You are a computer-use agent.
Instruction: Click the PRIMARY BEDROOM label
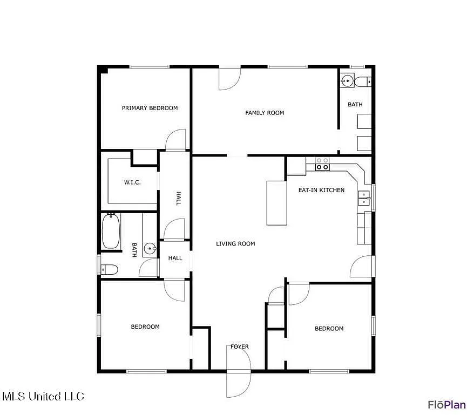(x=150, y=108)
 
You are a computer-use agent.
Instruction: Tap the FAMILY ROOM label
(x=265, y=113)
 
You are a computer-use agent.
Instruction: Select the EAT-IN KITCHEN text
(x=321, y=190)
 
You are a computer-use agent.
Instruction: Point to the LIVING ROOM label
(x=235, y=244)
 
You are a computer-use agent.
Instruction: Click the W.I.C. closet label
(x=132, y=182)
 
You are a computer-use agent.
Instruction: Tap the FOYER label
(x=240, y=346)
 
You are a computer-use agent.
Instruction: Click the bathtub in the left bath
(x=111, y=231)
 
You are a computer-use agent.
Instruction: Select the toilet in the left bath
(x=109, y=270)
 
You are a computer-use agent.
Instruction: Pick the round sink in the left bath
(x=150, y=248)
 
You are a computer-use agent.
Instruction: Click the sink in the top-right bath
(x=347, y=80)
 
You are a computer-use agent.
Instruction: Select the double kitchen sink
(x=364, y=198)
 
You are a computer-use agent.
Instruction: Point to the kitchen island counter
(x=276, y=203)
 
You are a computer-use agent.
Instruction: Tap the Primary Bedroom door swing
(x=175, y=139)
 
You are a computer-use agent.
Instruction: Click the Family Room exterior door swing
(x=229, y=79)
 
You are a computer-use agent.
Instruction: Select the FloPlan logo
(x=447, y=405)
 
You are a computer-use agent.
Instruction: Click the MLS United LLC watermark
(x=44, y=396)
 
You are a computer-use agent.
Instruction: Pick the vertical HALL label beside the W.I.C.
(x=178, y=199)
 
